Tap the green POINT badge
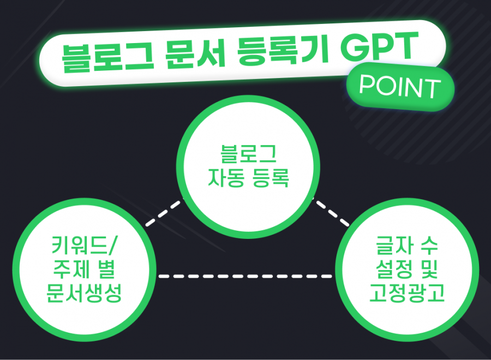400,86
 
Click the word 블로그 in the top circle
249,154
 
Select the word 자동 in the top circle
226,178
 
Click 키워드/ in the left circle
84,245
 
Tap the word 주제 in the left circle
71,269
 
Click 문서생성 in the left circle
84,293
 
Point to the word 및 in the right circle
429,269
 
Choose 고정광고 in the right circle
407,293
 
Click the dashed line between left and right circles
245,276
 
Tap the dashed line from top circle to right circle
331,212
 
